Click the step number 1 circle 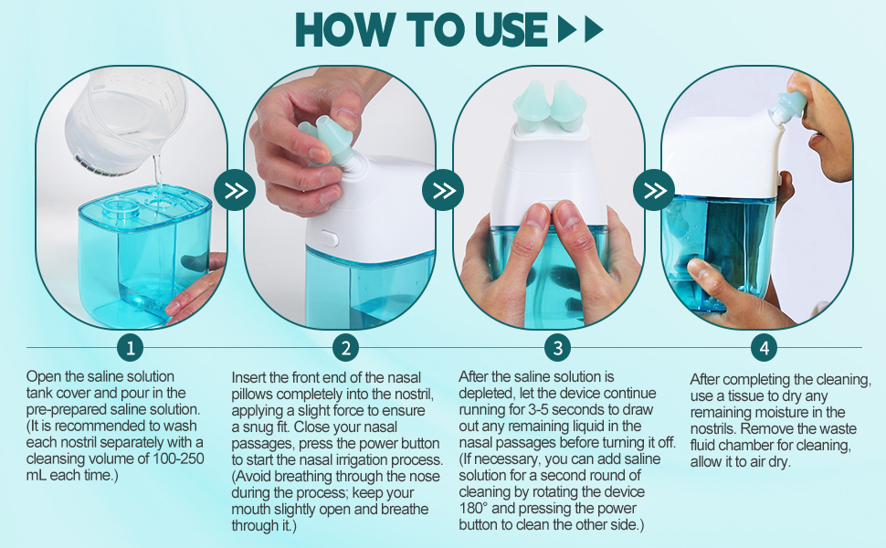[x=132, y=347]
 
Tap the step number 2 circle [x=344, y=347]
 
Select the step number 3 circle [x=557, y=347]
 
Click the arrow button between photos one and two [x=235, y=190]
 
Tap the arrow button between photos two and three [x=444, y=190]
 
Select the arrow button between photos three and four [x=654, y=190]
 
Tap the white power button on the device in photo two [x=331, y=238]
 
